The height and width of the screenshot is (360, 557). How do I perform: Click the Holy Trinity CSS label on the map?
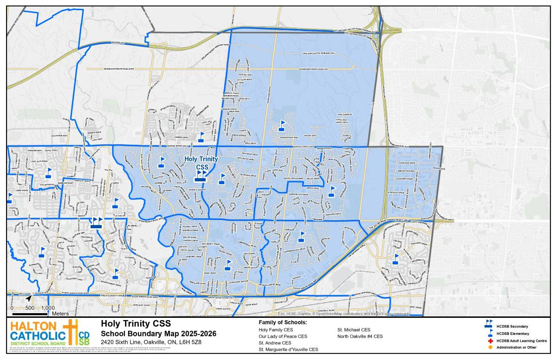tap(201, 162)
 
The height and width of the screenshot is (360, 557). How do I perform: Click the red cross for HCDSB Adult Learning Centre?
tap(490, 341)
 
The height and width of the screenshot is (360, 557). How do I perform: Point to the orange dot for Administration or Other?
tap(490, 347)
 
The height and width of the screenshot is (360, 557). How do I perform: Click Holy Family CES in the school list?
tap(276, 329)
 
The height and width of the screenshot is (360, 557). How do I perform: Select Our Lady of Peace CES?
tap(283, 336)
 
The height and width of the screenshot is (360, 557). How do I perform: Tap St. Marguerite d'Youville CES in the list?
tap(288, 349)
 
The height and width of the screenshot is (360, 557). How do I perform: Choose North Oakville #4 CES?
tap(360, 336)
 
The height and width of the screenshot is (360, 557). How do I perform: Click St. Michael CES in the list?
tap(354, 329)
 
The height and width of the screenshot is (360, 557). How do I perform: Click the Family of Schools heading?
tap(283, 322)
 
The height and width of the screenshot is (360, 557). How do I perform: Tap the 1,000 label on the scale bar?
tap(47, 308)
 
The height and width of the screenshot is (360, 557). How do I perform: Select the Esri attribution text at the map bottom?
tap(341, 314)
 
